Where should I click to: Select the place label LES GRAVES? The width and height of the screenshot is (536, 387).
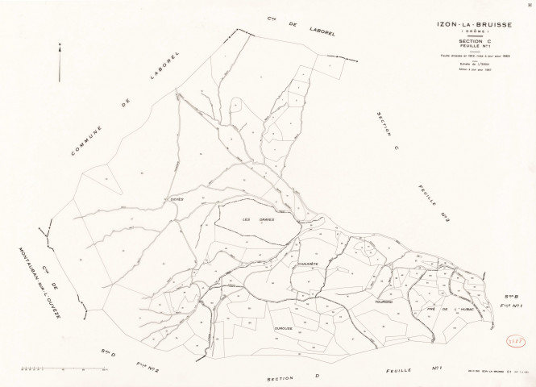pyautogui.click(x=259, y=219)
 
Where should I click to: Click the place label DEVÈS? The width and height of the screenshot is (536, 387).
pyautogui.click(x=177, y=198)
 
